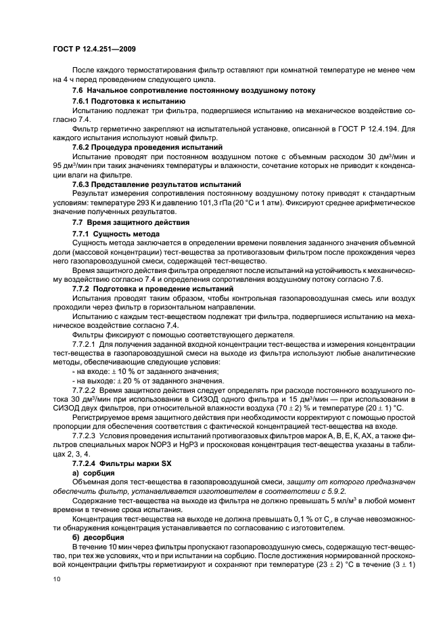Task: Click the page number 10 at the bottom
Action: (x=56, y=578)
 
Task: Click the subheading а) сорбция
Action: (x=95, y=452)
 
